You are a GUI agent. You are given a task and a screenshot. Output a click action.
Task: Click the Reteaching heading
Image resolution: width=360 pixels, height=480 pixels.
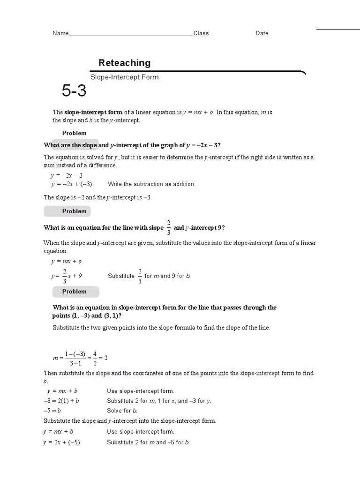click(124, 63)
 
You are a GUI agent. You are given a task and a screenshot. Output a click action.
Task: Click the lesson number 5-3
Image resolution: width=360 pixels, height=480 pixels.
click(74, 91)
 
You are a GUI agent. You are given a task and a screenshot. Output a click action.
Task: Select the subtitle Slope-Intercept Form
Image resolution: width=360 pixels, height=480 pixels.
click(124, 77)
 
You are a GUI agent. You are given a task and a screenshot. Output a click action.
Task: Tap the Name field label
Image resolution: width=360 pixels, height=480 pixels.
click(60, 33)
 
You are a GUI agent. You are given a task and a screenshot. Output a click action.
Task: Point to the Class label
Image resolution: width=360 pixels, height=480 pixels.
click(201, 33)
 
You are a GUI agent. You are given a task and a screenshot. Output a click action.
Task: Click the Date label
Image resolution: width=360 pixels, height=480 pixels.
click(262, 33)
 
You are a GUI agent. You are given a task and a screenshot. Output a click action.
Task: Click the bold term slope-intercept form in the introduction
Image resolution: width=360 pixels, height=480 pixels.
click(93, 112)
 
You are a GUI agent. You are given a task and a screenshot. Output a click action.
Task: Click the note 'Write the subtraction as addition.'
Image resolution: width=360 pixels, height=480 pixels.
click(151, 184)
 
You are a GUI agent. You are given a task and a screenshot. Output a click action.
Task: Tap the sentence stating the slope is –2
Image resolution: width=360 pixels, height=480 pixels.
click(97, 197)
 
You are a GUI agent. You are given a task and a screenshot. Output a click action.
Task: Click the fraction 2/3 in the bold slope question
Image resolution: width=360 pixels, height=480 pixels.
click(168, 227)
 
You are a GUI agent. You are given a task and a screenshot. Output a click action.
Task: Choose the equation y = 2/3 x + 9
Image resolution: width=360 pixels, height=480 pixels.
click(67, 276)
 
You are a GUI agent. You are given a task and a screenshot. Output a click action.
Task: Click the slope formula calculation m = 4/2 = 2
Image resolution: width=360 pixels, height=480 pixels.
click(80, 358)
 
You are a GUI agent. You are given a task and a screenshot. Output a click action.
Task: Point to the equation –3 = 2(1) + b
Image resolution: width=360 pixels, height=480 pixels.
click(61, 401)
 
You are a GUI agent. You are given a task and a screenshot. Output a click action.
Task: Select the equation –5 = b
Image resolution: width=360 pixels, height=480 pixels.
click(52, 411)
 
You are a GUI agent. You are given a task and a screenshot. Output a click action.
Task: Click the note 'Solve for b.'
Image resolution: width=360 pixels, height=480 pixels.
click(122, 411)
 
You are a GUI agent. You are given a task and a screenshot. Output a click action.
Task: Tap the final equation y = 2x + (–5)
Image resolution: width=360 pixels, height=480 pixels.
click(62, 442)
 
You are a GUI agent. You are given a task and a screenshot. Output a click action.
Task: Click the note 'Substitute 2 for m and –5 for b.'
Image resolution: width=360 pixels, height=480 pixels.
click(148, 442)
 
